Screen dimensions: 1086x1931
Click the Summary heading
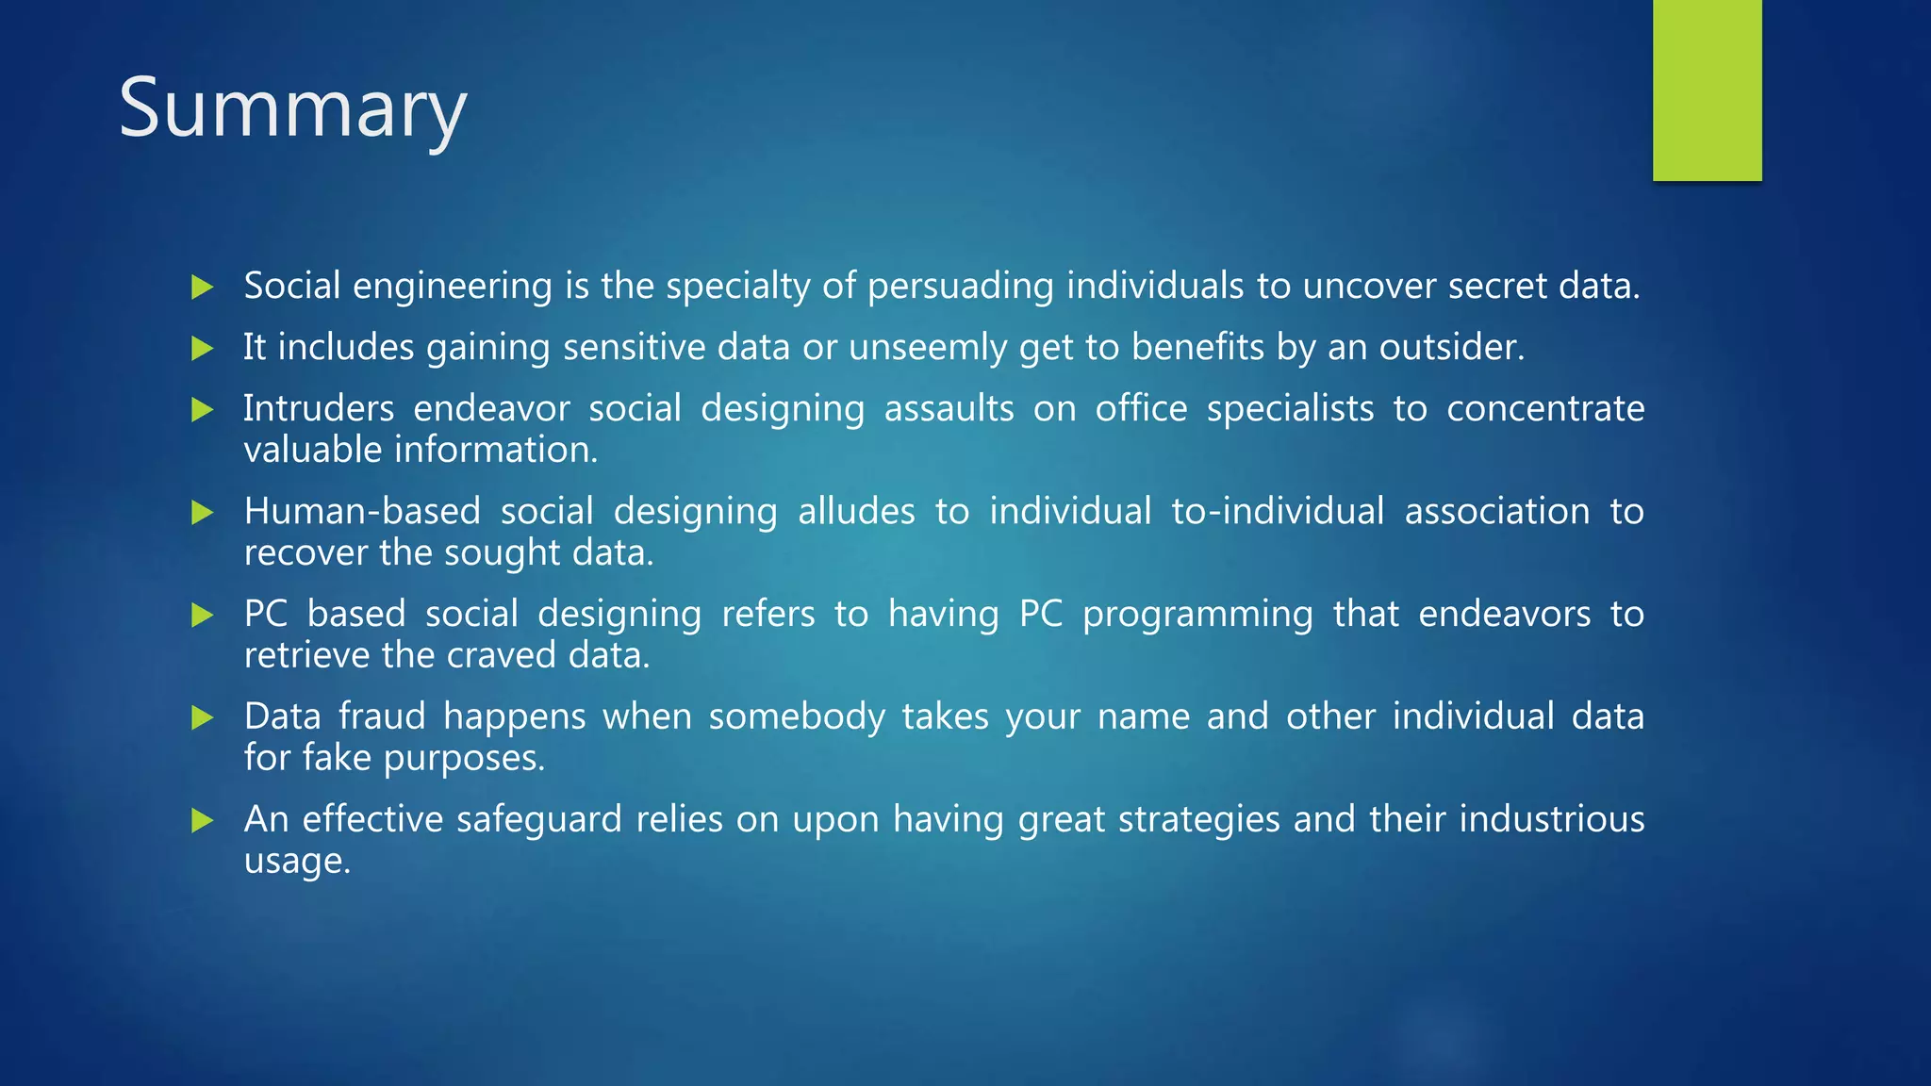click(x=292, y=109)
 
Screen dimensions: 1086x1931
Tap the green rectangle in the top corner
click(x=1707, y=90)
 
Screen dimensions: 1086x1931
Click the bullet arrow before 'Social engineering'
click(x=202, y=287)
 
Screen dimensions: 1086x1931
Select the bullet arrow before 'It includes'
click(x=202, y=348)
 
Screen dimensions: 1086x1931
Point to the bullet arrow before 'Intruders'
click(x=202, y=409)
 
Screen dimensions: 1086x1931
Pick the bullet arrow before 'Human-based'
click(x=202, y=512)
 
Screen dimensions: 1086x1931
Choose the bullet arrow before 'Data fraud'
click(x=202, y=717)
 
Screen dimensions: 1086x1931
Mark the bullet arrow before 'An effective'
click(x=202, y=820)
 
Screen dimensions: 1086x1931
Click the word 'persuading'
click(x=960, y=287)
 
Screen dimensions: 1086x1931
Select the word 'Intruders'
click(x=319, y=409)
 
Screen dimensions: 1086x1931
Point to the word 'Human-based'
click(x=362, y=512)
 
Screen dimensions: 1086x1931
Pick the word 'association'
click(x=1496, y=512)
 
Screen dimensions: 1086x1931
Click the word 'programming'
click(x=1197, y=615)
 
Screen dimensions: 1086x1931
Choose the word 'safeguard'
click(x=539, y=820)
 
